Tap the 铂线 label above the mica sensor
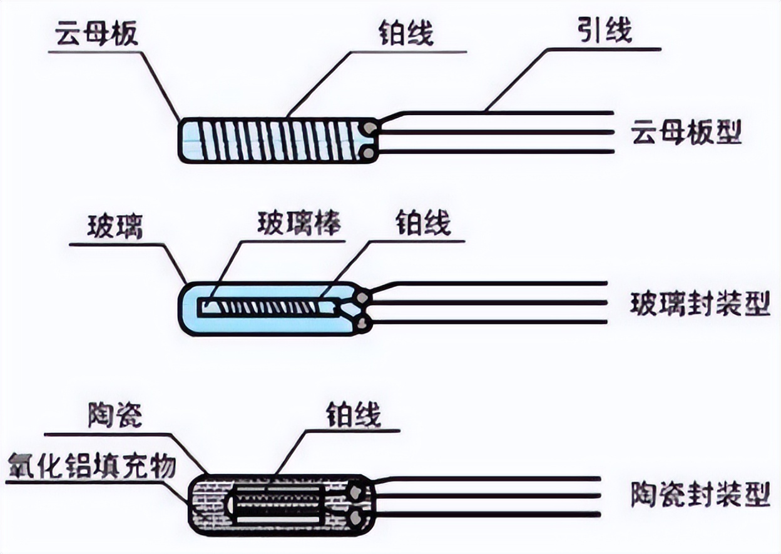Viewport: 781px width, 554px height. click(406, 34)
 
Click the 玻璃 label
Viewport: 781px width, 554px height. click(116, 228)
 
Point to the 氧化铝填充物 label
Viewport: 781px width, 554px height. click(92, 466)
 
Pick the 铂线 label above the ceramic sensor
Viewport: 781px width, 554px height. click(354, 415)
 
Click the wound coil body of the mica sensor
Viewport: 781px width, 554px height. click(275, 140)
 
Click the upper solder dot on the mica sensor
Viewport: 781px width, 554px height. click(370, 129)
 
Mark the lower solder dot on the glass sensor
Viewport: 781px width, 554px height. click(360, 322)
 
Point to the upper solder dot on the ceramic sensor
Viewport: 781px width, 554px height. click(356, 491)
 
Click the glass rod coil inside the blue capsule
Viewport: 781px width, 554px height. click(269, 307)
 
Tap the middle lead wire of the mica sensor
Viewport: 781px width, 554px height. click(494, 133)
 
